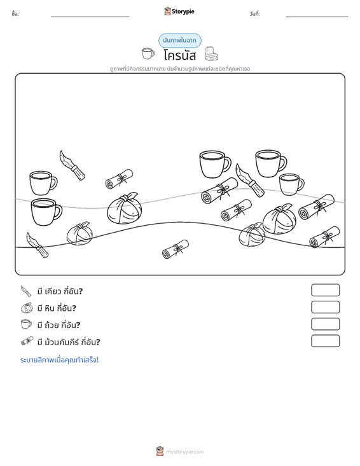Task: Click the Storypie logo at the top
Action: pyautogui.click(x=179, y=11)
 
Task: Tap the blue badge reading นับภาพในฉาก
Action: pyautogui.click(x=179, y=41)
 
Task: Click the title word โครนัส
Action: pyautogui.click(x=179, y=55)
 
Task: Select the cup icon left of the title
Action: pyautogui.click(x=148, y=53)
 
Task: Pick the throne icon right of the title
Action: pyautogui.click(x=211, y=53)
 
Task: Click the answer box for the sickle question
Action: pyautogui.click(x=325, y=290)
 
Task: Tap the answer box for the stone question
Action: pyautogui.click(x=325, y=307)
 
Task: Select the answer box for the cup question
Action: pyautogui.click(x=325, y=324)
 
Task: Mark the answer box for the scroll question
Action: pyautogui.click(x=325, y=341)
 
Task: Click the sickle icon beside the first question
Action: pyautogui.click(x=26, y=291)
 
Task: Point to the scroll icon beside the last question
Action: pyautogui.click(x=27, y=341)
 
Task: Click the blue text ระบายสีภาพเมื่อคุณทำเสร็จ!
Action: pyautogui.click(x=59, y=360)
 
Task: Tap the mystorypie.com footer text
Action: pyautogui.click(x=184, y=452)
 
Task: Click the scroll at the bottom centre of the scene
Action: pyautogui.click(x=176, y=249)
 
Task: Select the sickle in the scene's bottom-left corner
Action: pyautogui.click(x=37, y=245)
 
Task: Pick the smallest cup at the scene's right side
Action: pyautogui.click(x=291, y=184)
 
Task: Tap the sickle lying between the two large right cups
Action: pyautogui.click(x=250, y=180)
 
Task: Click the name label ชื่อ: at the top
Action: pyautogui.click(x=15, y=14)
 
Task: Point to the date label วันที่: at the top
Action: pyautogui.click(x=255, y=14)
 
